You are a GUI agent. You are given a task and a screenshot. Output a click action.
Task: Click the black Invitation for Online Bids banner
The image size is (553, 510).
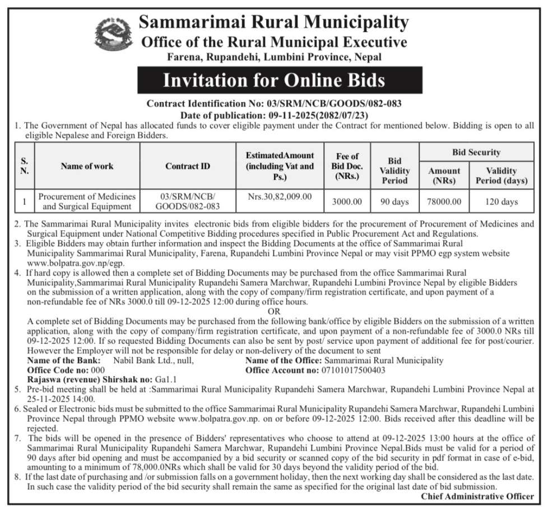273,80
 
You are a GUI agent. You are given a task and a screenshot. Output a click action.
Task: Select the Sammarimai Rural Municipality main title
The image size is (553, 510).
273,22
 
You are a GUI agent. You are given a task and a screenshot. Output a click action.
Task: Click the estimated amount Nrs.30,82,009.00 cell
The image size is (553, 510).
279,197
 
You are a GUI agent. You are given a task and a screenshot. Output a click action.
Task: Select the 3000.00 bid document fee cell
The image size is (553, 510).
347,201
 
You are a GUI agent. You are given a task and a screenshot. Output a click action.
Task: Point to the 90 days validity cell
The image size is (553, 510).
395,201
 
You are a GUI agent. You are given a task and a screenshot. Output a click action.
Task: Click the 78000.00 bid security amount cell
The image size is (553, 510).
444,201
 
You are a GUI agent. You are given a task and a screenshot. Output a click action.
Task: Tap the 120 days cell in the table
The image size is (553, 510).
502,201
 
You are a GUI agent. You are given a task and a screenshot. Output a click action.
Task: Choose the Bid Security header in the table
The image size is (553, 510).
476,152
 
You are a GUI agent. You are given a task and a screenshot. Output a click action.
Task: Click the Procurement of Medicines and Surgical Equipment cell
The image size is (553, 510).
87,201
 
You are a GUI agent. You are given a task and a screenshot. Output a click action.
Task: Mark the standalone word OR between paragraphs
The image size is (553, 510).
274,311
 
